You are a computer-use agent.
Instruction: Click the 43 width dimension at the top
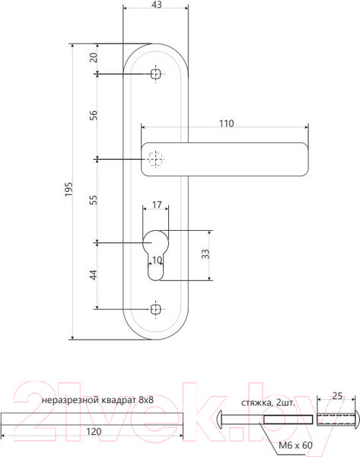pos(156,5)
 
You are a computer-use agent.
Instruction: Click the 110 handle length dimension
pos(226,123)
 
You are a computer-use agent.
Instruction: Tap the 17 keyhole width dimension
pos(156,205)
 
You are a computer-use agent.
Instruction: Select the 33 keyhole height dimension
pos(205,254)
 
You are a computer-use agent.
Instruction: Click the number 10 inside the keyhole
pos(157,260)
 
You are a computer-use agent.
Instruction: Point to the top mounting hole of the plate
pos(156,74)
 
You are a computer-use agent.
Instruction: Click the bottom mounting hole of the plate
pos(156,309)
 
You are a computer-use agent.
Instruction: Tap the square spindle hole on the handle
pos(156,159)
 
